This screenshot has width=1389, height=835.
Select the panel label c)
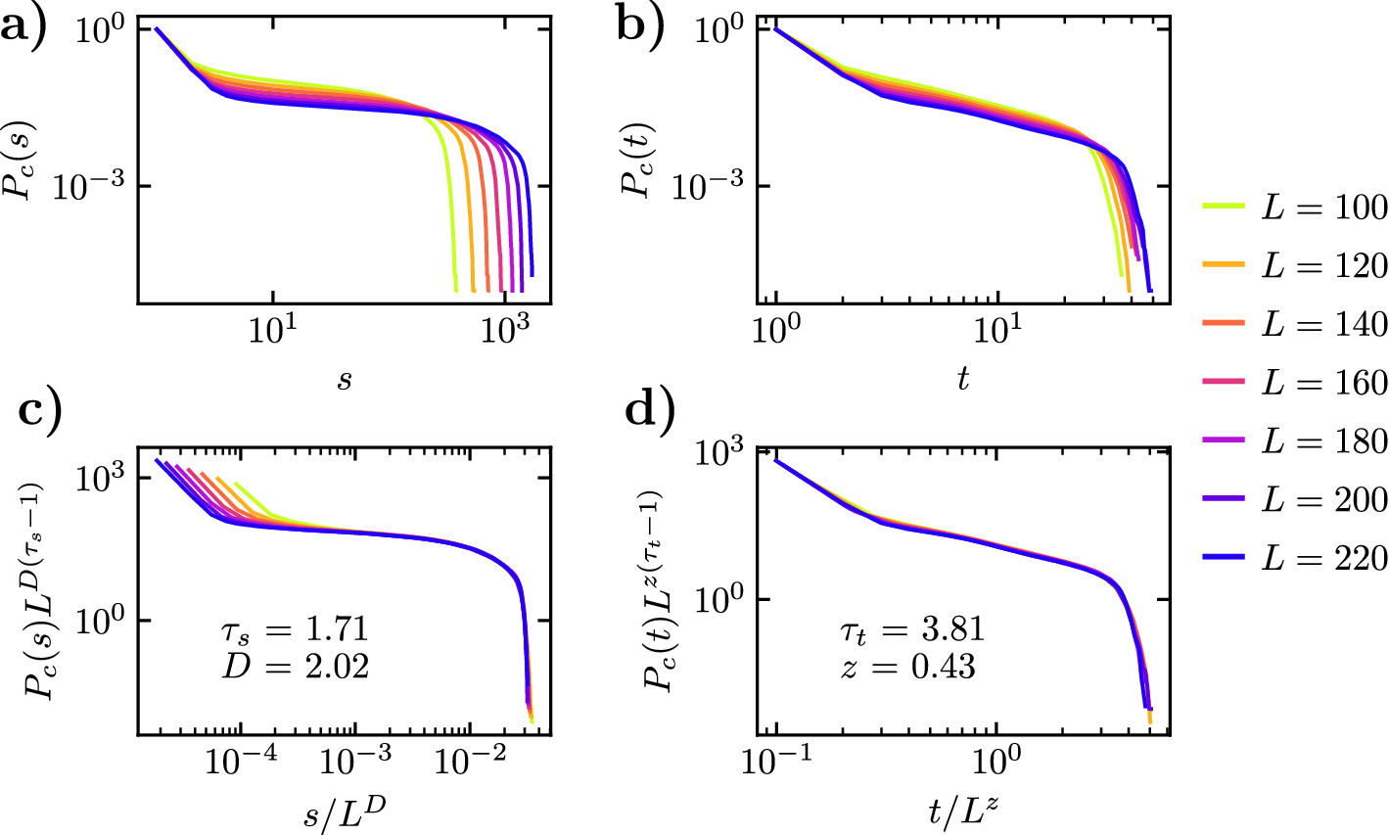pyautogui.click(x=39, y=409)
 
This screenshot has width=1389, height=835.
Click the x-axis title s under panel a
pyautogui.click(x=345, y=379)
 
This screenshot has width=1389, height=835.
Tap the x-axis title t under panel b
pyautogui.click(x=963, y=379)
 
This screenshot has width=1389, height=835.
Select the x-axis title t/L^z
pyautogui.click(x=963, y=810)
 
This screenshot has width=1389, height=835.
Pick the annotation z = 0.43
pyautogui.click(x=906, y=668)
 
